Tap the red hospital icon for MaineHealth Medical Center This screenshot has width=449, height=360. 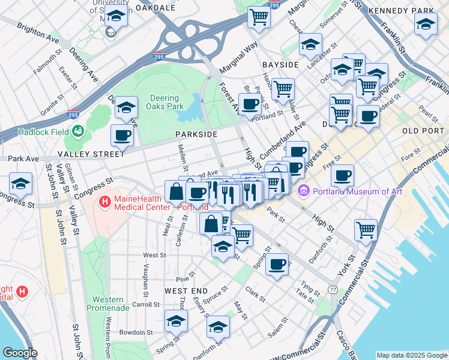click(106, 203)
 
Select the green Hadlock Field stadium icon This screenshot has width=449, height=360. click(77, 131)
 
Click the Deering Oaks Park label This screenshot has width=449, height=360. click(162, 102)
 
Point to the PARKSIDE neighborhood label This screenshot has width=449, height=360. click(196, 134)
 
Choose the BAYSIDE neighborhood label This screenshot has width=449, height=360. click(280, 64)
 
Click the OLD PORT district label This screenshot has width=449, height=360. click(423, 131)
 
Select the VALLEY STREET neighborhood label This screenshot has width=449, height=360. click(90, 154)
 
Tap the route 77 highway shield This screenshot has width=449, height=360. click(333, 290)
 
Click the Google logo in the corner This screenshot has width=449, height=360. click(20, 353)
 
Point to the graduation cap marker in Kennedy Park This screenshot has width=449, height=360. click(426, 24)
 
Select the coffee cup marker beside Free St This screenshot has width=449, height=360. click(342, 175)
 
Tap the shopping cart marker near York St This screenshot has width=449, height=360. click(366, 229)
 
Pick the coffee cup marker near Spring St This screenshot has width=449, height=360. click(277, 264)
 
